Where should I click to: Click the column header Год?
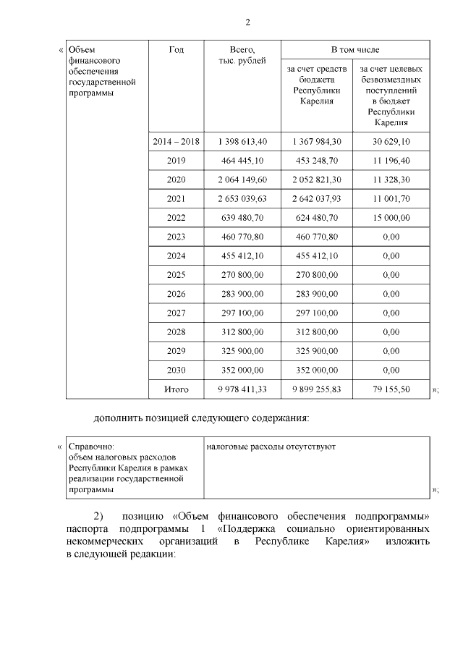pos(176,50)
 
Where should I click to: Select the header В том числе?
pos(355,50)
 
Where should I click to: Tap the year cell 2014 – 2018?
pos(176,141)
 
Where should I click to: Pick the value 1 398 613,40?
pos(242,141)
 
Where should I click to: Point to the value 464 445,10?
pos(242,160)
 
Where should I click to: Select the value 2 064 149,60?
pos(242,179)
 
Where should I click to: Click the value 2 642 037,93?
pos(315,198)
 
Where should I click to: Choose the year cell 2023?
pos(176,236)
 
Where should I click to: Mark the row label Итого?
pos(176,389)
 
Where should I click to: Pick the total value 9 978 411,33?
pos(242,389)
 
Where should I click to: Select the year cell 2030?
pos(176,369)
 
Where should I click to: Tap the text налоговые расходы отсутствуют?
pos(271,447)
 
